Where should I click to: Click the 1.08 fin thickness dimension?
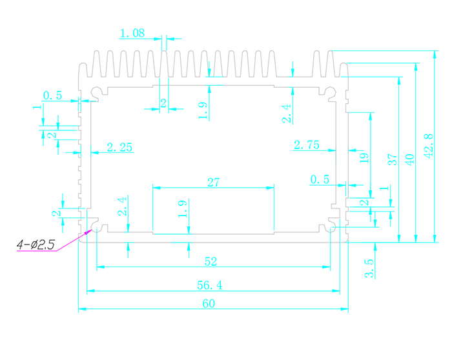click(x=132, y=33)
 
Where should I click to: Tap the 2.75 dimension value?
click(x=306, y=145)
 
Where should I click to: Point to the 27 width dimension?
click(x=213, y=183)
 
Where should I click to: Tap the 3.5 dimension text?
click(x=369, y=268)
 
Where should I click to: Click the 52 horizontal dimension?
click(x=211, y=261)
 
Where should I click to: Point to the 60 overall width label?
click(x=208, y=305)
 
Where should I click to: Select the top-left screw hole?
click(x=96, y=92)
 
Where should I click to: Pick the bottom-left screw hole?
click(x=96, y=227)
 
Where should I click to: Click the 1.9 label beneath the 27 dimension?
click(x=183, y=210)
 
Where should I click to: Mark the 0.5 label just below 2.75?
click(x=319, y=179)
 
